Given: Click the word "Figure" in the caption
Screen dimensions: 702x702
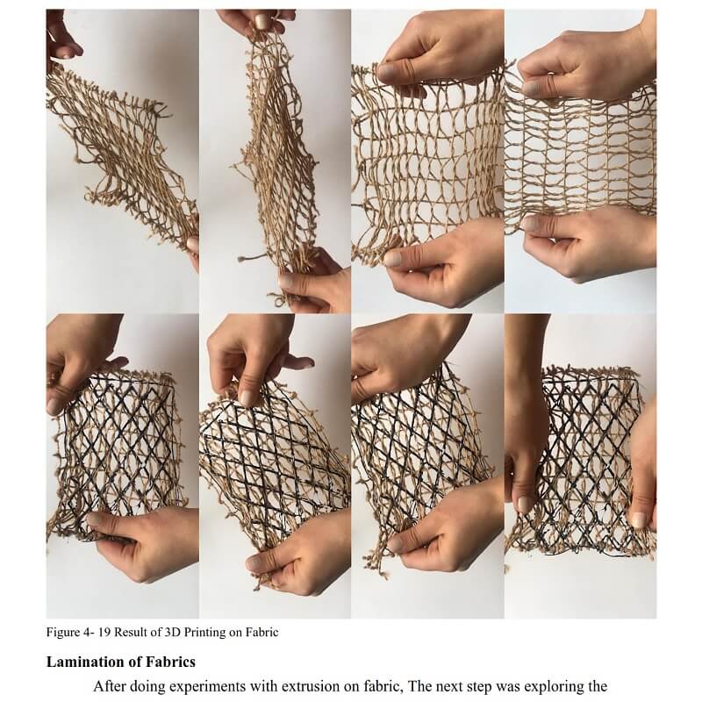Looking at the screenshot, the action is point(61,633).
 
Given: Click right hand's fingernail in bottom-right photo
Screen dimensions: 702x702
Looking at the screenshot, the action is point(639,519).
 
